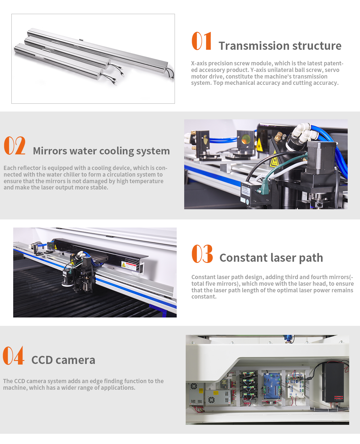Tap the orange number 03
202,253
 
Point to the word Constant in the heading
243,258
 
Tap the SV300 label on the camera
245,188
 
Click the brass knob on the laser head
279,136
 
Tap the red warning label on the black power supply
338,398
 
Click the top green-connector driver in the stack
248,374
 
